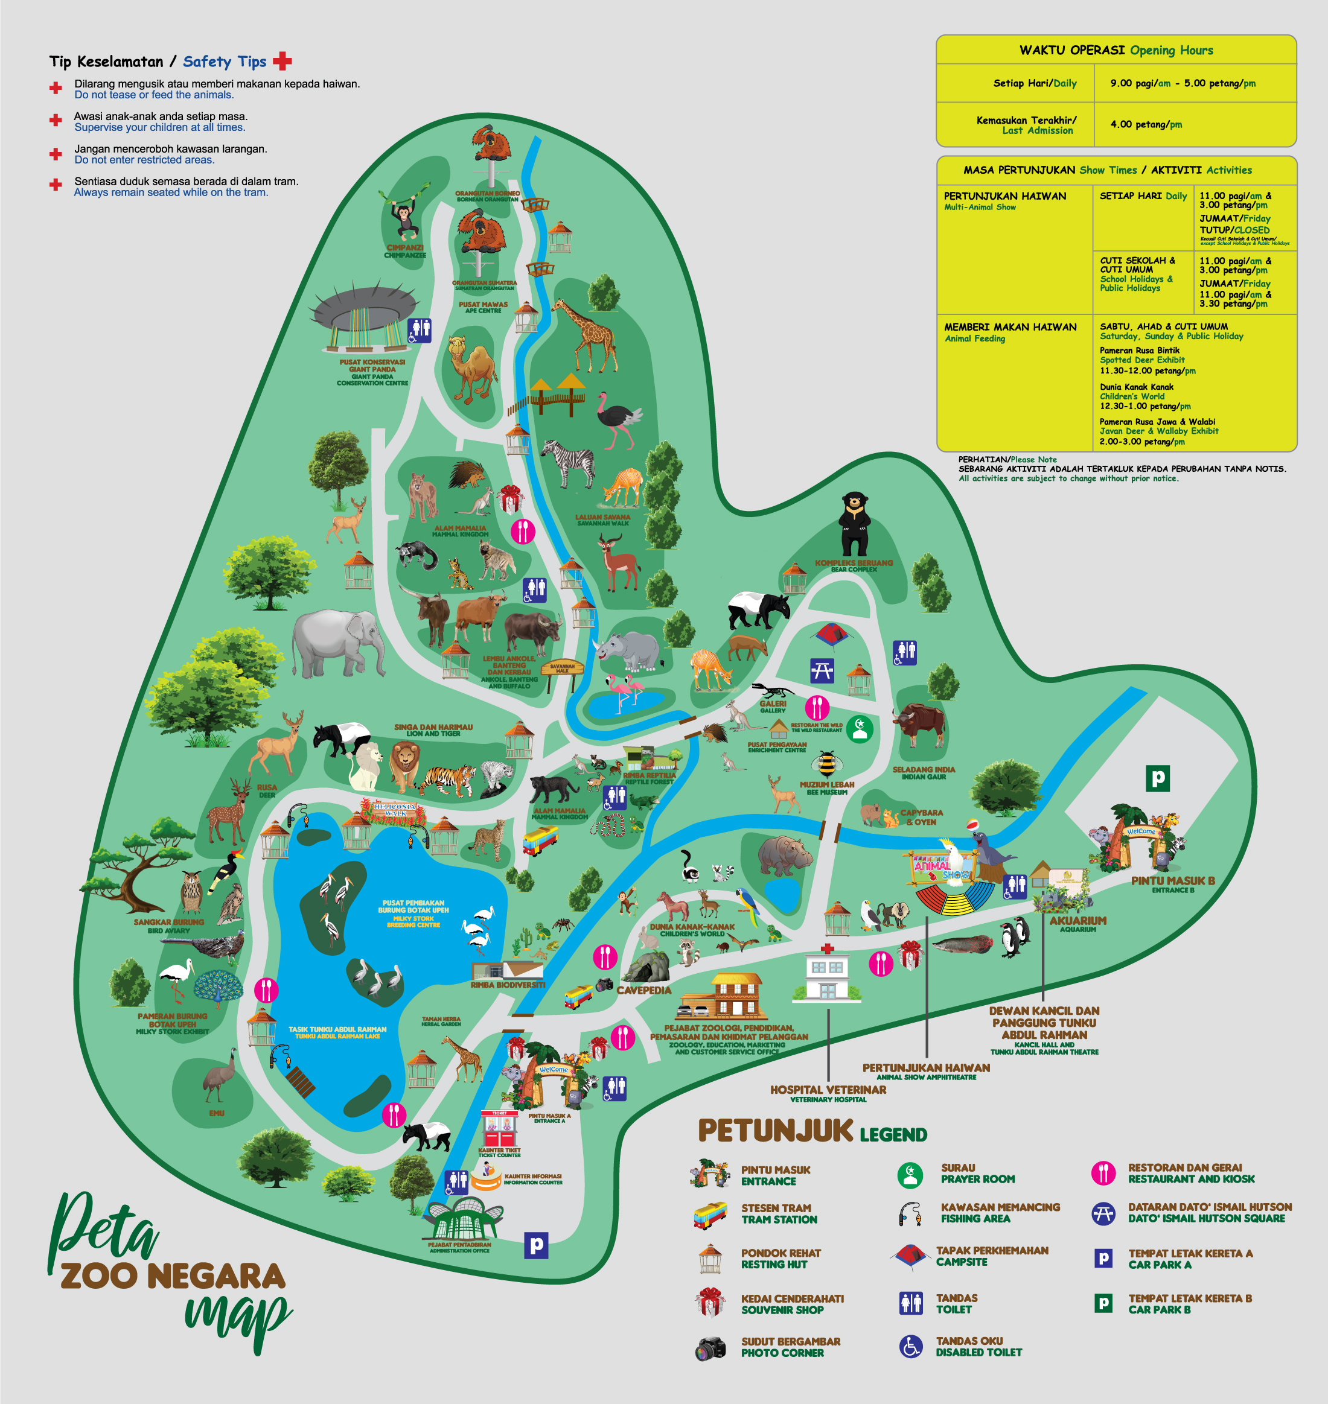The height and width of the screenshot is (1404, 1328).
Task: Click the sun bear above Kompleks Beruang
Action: click(x=854, y=524)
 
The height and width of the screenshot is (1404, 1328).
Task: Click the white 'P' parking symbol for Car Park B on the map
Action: click(x=1157, y=778)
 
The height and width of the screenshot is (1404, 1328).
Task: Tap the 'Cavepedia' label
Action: click(x=643, y=990)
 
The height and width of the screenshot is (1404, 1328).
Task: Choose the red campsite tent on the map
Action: click(x=832, y=634)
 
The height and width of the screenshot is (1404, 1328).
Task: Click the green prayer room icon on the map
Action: click(x=860, y=729)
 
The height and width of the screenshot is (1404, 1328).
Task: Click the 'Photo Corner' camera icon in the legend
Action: click(x=710, y=1348)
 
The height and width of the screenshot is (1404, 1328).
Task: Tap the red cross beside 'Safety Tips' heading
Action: click(x=283, y=61)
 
